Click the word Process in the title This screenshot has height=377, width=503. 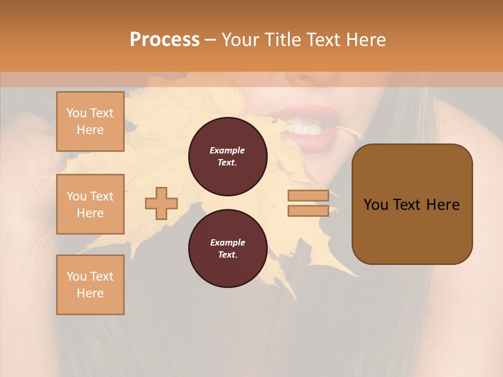click(165, 40)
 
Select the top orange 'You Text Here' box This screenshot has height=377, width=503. click(90, 121)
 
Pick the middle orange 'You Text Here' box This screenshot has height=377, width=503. click(90, 204)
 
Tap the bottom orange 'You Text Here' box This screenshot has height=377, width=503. click(90, 285)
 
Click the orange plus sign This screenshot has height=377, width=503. click(161, 203)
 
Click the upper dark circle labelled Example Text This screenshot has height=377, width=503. click(227, 157)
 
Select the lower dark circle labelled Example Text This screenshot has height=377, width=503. click(227, 249)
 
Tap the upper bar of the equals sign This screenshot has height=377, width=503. click(308, 196)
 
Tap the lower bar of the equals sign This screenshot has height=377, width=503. click(308, 210)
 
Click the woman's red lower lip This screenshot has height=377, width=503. click(309, 139)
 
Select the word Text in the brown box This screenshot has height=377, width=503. click(407, 205)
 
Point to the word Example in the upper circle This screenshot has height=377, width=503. click(227, 151)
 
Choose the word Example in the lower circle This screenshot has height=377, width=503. click(227, 243)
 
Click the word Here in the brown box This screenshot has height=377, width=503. click(443, 205)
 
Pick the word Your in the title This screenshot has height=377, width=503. click(240, 40)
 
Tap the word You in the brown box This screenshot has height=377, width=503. click(376, 205)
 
